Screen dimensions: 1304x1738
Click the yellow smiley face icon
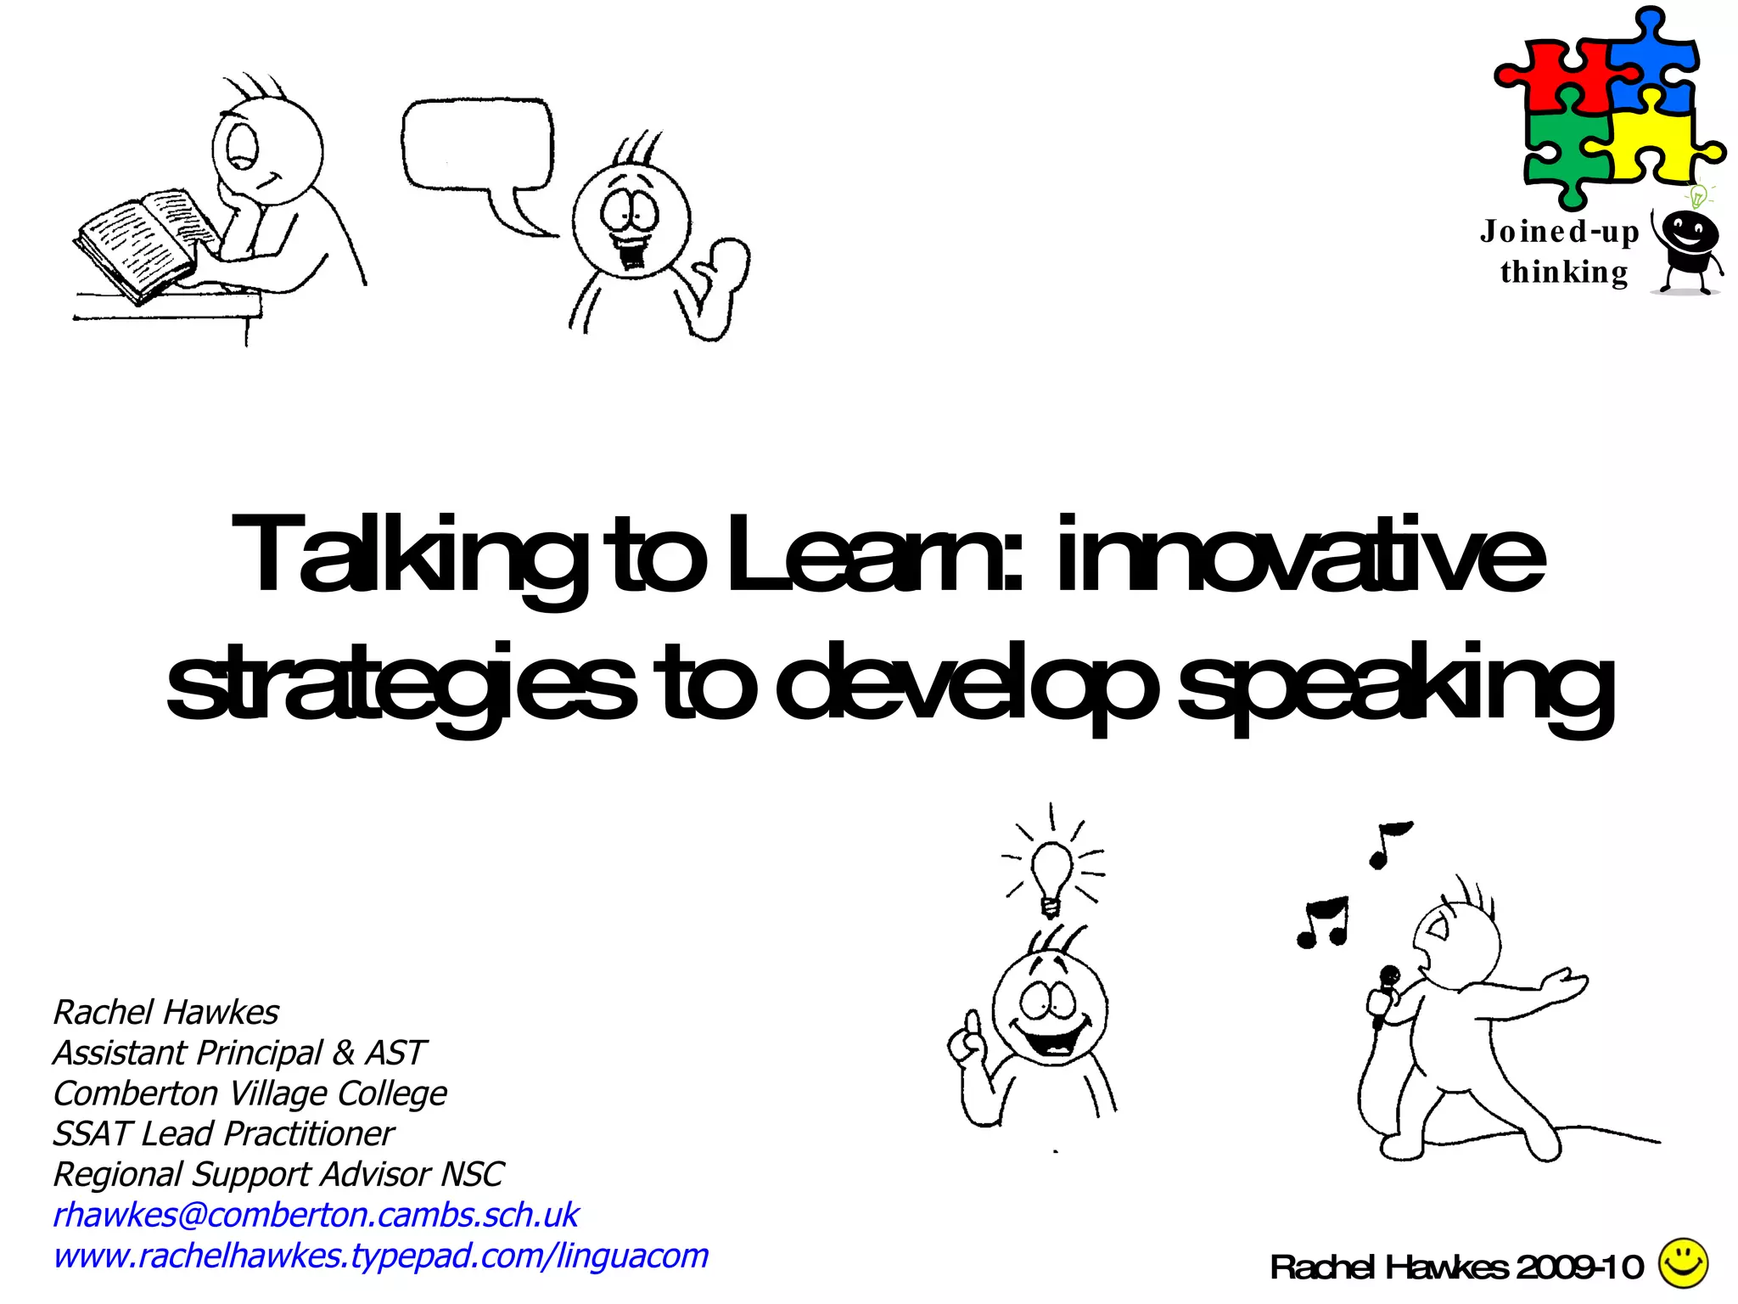tap(1683, 1262)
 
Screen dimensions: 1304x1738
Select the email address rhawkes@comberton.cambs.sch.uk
tap(315, 1215)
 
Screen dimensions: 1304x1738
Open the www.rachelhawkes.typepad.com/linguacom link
tap(380, 1256)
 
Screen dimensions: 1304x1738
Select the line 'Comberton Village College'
tap(249, 1093)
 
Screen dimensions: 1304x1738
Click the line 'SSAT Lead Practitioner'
tap(223, 1134)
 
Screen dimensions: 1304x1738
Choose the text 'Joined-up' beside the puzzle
tap(1559, 232)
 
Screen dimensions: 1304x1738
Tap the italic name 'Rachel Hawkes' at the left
tap(165, 1012)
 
